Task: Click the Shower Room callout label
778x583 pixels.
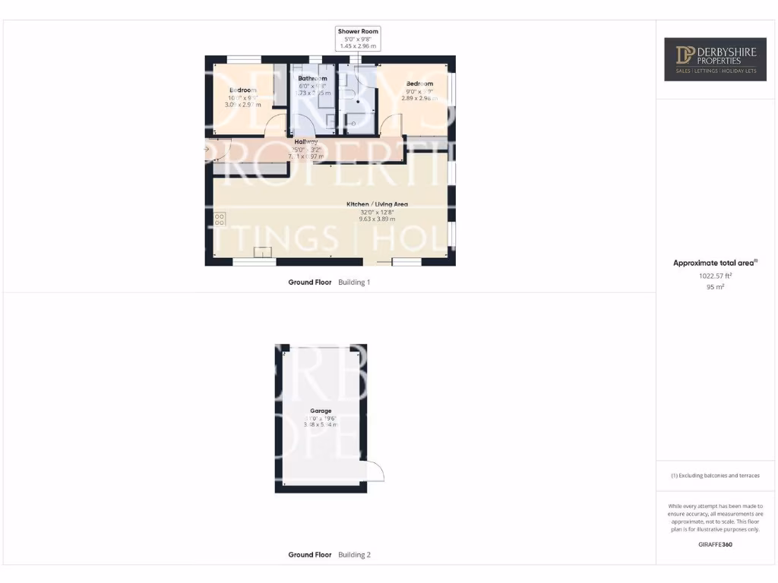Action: pyautogui.click(x=358, y=32)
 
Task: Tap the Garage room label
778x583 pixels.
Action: pyautogui.click(x=320, y=411)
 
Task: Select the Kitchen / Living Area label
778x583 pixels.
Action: pyautogui.click(x=378, y=204)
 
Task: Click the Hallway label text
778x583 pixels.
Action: pyautogui.click(x=306, y=142)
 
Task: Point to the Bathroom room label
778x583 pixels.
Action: pyautogui.click(x=312, y=78)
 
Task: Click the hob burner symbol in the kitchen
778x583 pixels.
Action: pyautogui.click(x=220, y=219)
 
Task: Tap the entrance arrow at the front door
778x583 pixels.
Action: pyautogui.click(x=206, y=150)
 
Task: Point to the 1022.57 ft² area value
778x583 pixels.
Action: pyautogui.click(x=715, y=276)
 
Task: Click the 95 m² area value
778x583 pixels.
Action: pyautogui.click(x=715, y=288)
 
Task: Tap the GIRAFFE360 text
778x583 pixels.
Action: pyautogui.click(x=715, y=544)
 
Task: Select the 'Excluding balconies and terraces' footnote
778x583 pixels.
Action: pyautogui.click(x=715, y=476)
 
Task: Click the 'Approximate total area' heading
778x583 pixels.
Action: pyautogui.click(x=714, y=263)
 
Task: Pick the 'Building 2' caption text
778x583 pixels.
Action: pyautogui.click(x=354, y=555)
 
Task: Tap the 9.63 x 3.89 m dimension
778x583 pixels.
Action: pyautogui.click(x=378, y=219)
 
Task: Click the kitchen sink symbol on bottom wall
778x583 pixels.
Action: pyautogui.click(x=263, y=254)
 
